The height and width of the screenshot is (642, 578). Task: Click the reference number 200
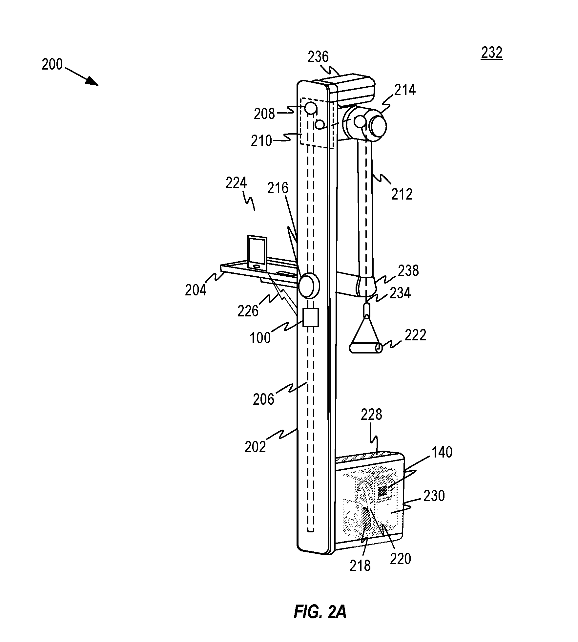(x=52, y=64)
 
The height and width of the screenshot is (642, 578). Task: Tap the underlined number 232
(x=491, y=53)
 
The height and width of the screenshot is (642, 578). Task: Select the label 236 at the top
(x=318, y=57)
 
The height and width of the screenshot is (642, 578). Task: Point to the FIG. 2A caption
(x=320, y=612)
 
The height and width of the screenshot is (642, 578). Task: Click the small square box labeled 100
(x=310, y=317)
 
